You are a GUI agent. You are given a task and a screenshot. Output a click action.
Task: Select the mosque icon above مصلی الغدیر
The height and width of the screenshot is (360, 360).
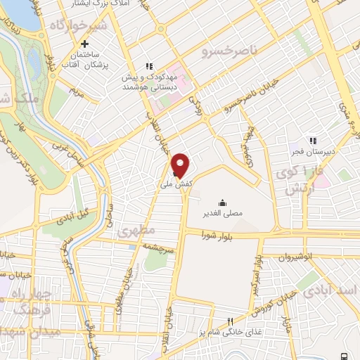click(x=223, y=183)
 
